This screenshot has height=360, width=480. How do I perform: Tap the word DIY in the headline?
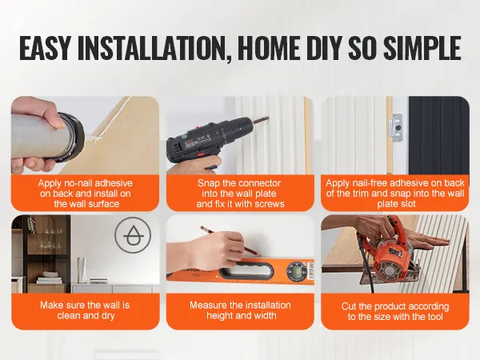pos(322,48)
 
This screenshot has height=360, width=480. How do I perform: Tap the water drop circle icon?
pos(133,235)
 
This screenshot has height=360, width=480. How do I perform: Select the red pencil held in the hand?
pos(230,242)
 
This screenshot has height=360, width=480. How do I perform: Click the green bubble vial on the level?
pos(296,270)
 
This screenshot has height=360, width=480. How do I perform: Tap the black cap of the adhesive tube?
pos(71,137)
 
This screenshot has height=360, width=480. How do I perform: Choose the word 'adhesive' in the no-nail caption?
pos(113,183)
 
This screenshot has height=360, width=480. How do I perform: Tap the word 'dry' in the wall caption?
pos(107,316)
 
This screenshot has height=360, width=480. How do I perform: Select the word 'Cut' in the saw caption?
pos(349,306)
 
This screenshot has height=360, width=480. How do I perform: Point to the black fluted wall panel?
pos(438,135)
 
